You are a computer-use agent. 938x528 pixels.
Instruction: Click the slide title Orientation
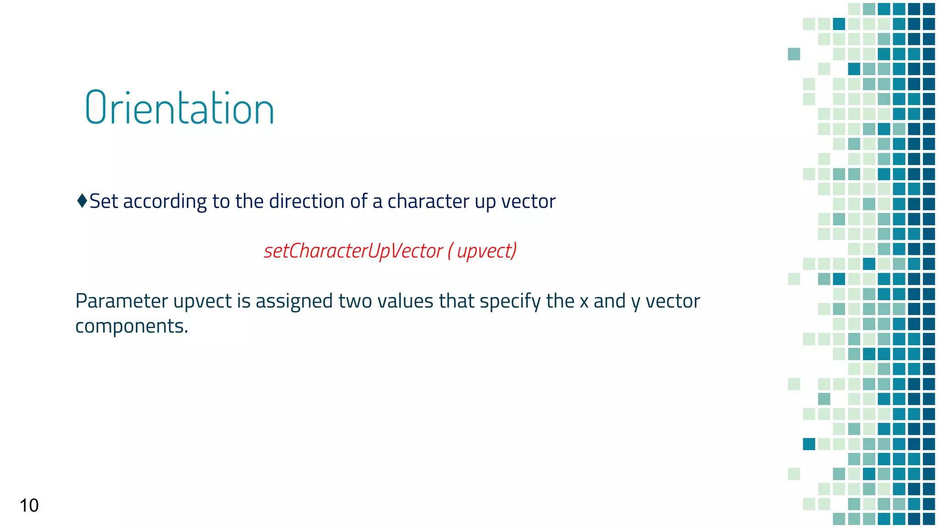click(x=180, y=108)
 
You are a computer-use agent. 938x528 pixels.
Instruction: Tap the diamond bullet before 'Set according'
click(x=82, y=201)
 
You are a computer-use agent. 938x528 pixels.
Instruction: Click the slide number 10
click(x=29, y=506)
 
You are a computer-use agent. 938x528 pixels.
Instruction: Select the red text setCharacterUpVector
click(x=353, y=251)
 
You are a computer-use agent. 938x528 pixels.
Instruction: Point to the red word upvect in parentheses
click(x=485, y=251)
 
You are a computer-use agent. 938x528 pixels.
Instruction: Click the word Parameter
click(x=121, y=301)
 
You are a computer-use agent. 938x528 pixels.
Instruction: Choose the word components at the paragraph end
click(x=131, y=326)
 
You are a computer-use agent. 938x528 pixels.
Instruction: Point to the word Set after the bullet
click(x=104, y=201)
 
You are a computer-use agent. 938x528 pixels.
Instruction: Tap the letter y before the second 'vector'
click(x=635, y=302)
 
